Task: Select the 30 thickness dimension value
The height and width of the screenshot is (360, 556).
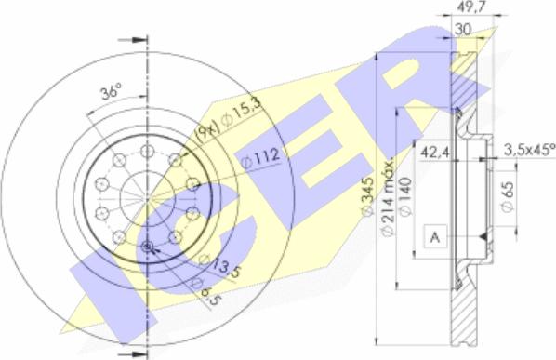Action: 463,29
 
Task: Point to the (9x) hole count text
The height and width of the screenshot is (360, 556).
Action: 207,133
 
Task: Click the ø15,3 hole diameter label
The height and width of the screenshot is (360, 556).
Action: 242,113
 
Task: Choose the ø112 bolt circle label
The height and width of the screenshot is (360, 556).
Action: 260,158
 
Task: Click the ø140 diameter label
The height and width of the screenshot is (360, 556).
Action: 406,196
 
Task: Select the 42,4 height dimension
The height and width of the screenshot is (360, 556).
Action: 435,153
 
